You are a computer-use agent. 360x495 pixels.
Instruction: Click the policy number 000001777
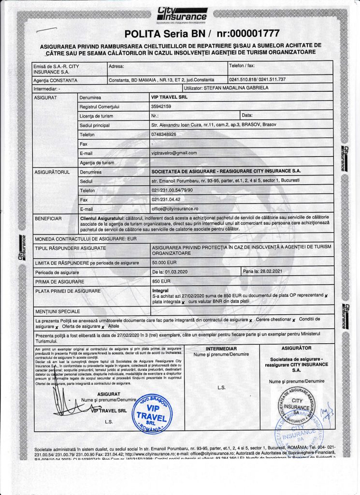click(242, 33)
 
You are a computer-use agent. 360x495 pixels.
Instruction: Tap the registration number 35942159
click(164, 106)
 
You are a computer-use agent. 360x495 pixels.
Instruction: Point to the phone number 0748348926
click(164, 134)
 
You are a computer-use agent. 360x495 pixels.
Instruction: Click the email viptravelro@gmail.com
click(174, 153)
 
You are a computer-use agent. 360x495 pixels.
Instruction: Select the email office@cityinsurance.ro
click(175, 208)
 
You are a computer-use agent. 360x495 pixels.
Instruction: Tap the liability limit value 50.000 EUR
click(164, 262)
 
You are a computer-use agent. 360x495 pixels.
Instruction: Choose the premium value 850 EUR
click(161, 281)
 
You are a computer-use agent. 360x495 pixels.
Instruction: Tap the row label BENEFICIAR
click(48, 219)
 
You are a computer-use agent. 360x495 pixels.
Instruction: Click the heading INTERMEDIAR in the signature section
click(221, 348)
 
